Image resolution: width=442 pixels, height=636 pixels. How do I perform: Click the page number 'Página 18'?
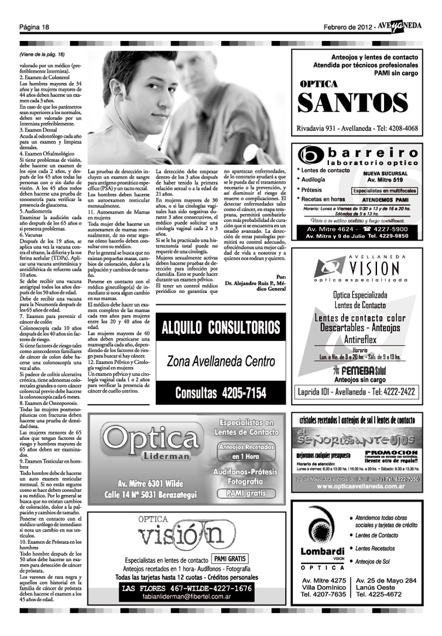[34, 28]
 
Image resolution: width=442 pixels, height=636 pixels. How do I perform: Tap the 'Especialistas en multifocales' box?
[384, 190]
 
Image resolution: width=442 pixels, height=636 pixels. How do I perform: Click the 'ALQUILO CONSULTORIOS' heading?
[221, 327]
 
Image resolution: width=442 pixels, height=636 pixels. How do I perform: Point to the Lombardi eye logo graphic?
[322, 535]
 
